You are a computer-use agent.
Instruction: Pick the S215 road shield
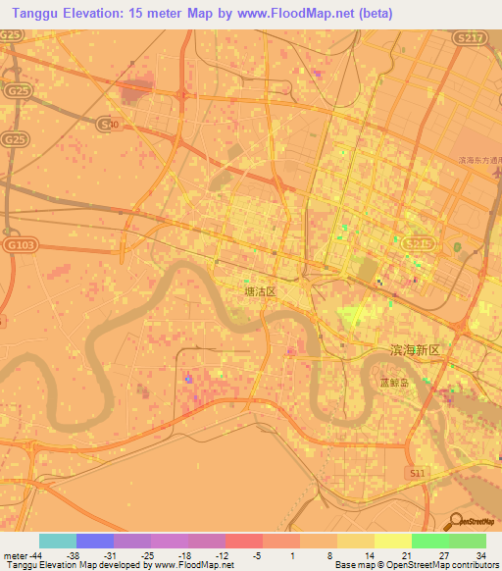point(415,240)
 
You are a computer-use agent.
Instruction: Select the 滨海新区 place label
point(411,350)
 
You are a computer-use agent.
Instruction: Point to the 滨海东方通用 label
point(479,159)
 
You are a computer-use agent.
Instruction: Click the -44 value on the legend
point(35,555)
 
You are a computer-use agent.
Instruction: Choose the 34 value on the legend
point(480,555)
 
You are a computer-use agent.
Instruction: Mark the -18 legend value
point(183,555)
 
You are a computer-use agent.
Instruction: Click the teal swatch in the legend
point(58,541)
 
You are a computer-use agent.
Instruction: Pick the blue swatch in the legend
point(95,541)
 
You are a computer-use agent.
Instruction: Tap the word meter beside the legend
point(14,555)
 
